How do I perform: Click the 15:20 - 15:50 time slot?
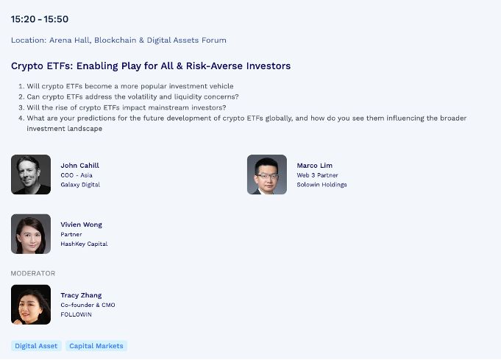coord(40,19)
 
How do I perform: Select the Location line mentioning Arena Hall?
coord(118,40)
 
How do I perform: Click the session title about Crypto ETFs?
coord(151,66)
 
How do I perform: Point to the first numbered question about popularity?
coord(126,86)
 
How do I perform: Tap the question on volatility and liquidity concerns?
coord(129,96)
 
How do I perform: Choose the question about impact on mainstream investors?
coord(122,107)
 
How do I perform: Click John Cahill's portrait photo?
coord(31,174)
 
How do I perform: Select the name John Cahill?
coord(80,166)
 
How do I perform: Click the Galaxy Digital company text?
coord(80,185)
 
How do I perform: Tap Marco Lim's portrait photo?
coord(267,174)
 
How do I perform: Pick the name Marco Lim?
coord(314,166)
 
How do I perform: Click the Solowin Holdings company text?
coord(321,185)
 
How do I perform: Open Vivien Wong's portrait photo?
coord(31,234)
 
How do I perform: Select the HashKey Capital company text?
coord(84,244)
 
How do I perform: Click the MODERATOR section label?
coord(33,273)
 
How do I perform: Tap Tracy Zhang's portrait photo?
coord(31,305)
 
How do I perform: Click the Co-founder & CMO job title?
coord(88,305)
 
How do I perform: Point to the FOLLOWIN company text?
coord(76,314)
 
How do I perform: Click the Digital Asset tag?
coord(36,346)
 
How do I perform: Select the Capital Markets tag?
coord(96,346)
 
